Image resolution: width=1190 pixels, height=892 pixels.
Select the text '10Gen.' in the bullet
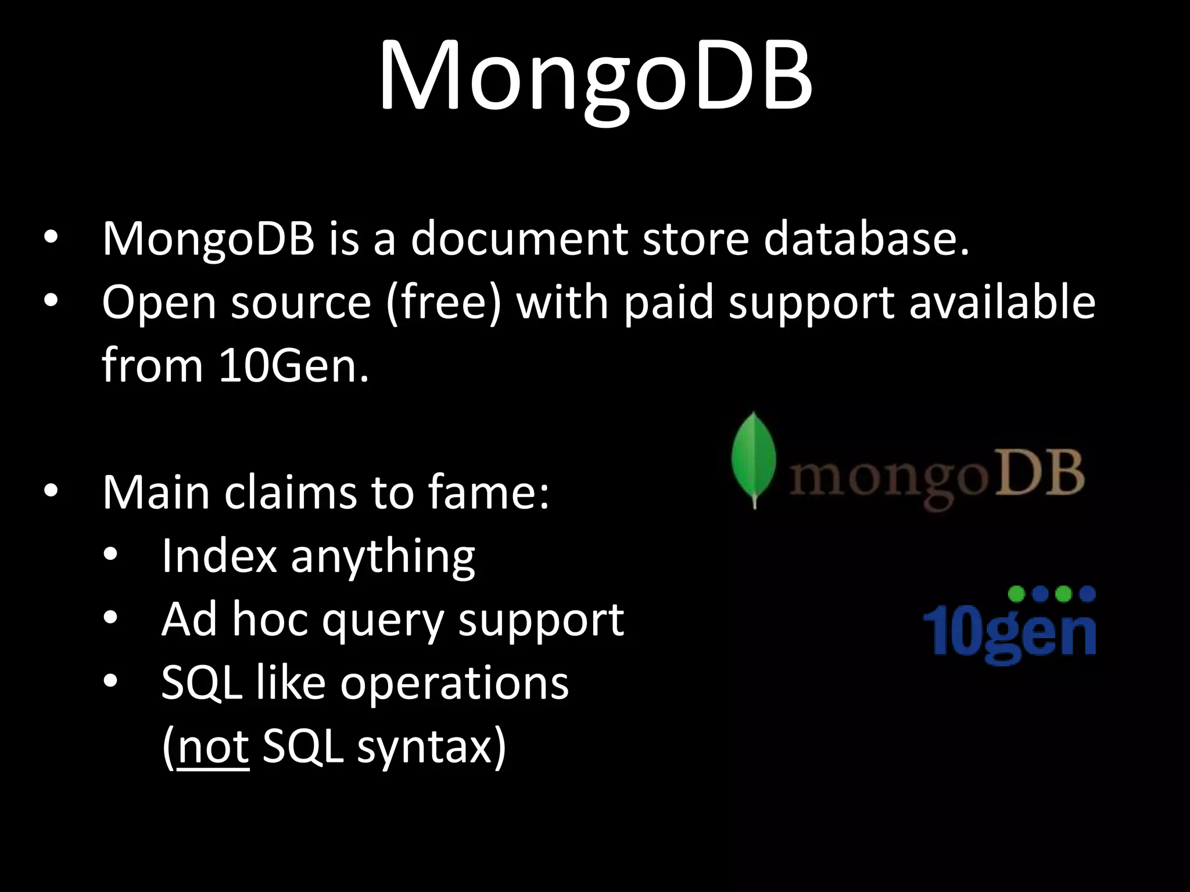click(293, 366)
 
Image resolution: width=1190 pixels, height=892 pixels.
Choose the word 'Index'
click(219, 556)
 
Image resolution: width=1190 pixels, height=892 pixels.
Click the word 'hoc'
click(270, 620)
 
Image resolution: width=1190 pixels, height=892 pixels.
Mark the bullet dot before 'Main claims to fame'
click(51, 491)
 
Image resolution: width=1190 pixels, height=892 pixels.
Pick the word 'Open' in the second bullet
click(159, 303)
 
